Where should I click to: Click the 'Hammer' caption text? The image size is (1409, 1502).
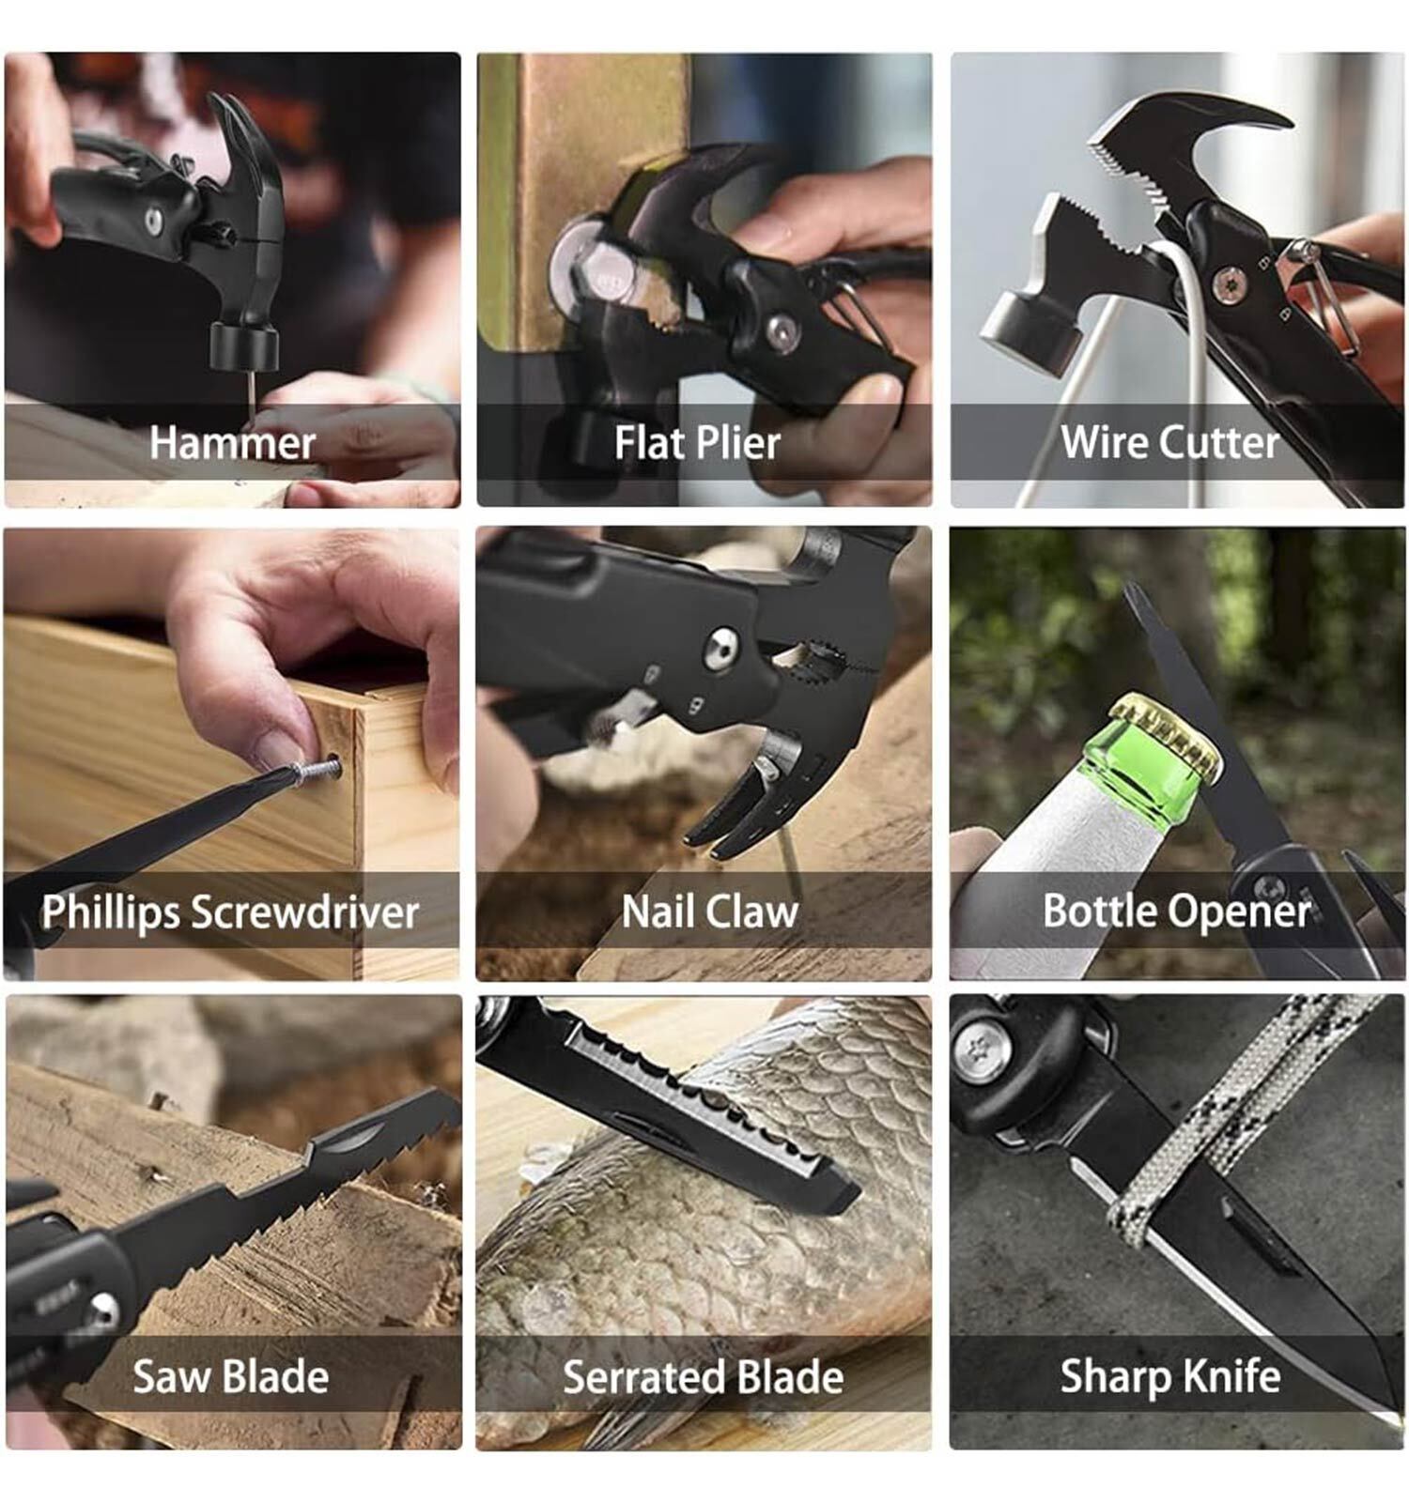tap(232, 442)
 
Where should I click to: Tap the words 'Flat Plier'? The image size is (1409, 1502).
tap(697, 442)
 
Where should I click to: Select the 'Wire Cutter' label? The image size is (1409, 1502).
tap(1169, 441)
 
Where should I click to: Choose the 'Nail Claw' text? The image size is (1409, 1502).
tap(709, 911)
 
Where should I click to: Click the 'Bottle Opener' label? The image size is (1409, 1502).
tap(1176, 911)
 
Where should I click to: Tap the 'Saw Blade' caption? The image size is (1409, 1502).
tap(231, 1376)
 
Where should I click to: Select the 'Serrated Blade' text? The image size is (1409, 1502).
tap(703, 1376)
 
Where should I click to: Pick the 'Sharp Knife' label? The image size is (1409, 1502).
tap(1170, 1377)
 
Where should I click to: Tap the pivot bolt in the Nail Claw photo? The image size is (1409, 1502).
tap(721, 650)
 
